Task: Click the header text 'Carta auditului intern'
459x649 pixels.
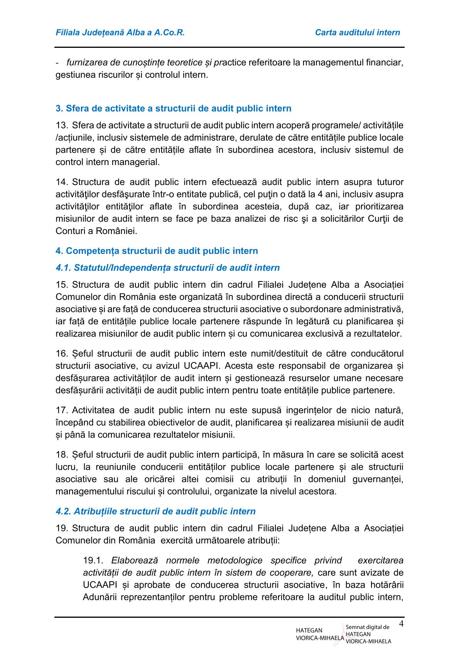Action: point(358,33)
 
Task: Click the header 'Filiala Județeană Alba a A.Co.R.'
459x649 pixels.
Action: point(120,33)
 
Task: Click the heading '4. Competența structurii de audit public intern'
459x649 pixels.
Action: point(157,251)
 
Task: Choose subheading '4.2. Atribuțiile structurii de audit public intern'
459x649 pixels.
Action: point(155,511)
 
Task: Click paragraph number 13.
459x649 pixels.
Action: point(61,125)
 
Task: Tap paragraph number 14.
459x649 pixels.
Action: point(61,182)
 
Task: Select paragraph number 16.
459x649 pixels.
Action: point(61,354)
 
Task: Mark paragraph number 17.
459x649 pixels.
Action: point(61,410)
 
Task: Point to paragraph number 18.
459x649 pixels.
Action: point(61,455)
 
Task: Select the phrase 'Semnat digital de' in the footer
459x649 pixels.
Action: point(368,627)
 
